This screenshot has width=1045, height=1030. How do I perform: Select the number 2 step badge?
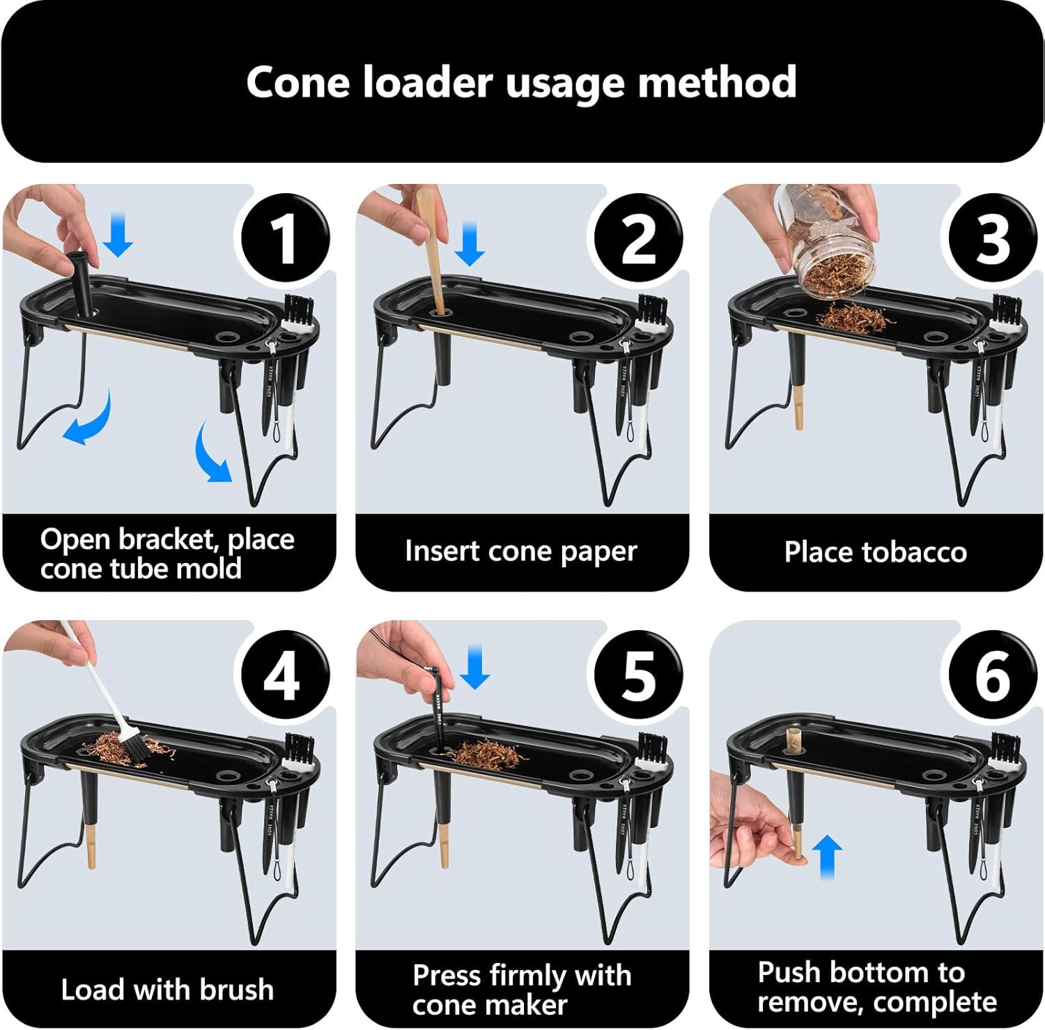click(638, 238)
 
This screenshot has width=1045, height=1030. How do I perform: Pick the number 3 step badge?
click(993, 238)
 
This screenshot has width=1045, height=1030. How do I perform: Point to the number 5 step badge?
click(638, 675)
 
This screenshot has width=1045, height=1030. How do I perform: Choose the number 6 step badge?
click(993, 675)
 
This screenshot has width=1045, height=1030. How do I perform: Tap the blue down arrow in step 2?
click(470, 243)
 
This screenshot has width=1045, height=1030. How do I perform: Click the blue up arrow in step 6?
click(827, 856)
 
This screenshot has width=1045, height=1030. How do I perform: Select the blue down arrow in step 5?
click(475, 667)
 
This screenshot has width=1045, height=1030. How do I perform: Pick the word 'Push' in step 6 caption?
click(789, 972)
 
